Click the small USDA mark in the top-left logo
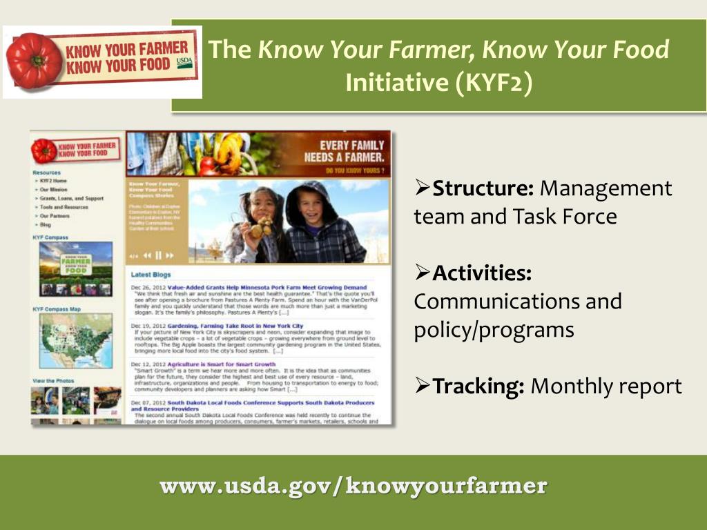(x=184, y=61)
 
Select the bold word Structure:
(x=483, y=188)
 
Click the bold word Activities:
(x=482, y=273)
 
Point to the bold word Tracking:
(x=478, y=386)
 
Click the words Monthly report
(x=606, y=386)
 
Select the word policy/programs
(x=494, y=330)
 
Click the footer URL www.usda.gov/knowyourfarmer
(x=353, y=486)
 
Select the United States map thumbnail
(x=75, y=341)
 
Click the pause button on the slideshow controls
(x=158, y=255)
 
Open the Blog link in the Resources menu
(x=46, y=225)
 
